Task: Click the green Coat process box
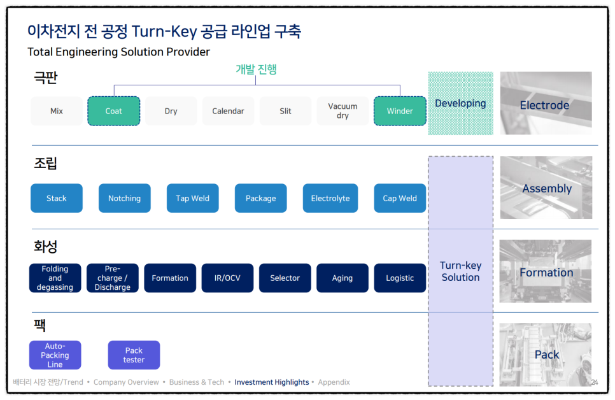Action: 114,111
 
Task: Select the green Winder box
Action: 400,111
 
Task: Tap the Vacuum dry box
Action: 343,111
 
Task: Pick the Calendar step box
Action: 229,111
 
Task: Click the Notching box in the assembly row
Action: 125,198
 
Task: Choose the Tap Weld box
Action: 192,198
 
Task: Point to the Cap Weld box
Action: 400,198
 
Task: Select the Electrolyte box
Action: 330,198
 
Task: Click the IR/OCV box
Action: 227,278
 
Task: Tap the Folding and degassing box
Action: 55,278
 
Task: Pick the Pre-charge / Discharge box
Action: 113,278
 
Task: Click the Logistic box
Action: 400,278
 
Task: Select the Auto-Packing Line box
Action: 55,355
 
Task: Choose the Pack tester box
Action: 134,355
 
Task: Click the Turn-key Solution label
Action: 460,271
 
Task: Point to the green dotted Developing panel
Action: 460,103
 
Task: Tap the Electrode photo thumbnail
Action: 546,103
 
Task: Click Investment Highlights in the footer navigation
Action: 272,382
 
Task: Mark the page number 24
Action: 595,382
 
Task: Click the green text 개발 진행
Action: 256,69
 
